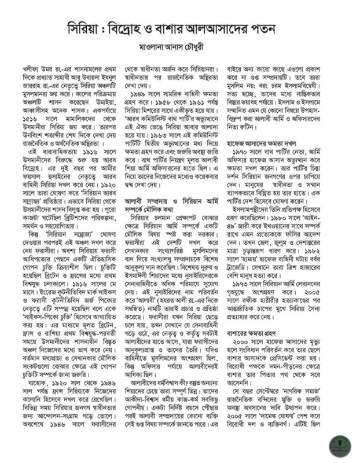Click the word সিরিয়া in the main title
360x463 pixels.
85,28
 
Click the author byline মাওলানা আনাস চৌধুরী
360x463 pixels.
179,46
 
